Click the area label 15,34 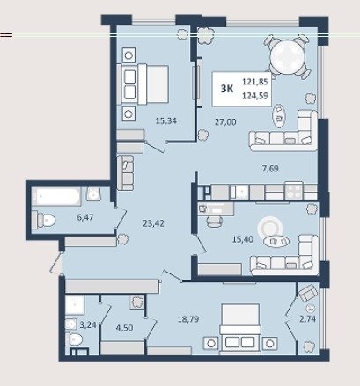166,120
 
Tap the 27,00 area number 225,121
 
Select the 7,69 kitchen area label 270,169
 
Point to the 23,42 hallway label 153,223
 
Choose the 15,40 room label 243,239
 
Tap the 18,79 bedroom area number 188,318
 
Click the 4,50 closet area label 124,327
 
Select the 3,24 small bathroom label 88,324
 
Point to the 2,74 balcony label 308,318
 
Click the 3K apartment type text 227,89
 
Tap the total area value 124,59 255,96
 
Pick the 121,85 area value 255,82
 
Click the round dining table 288,57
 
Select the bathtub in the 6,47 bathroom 56,196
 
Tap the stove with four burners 294,191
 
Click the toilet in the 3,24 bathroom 74,339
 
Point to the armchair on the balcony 307,293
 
